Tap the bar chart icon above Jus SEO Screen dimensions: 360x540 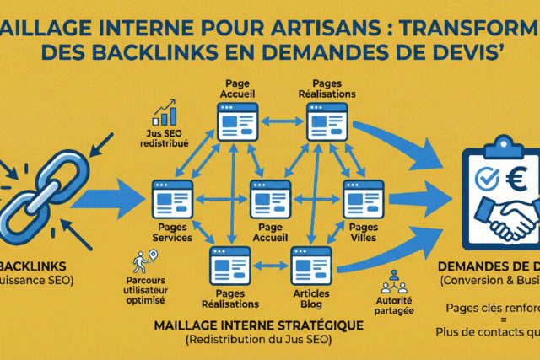(x=165, y=114)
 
